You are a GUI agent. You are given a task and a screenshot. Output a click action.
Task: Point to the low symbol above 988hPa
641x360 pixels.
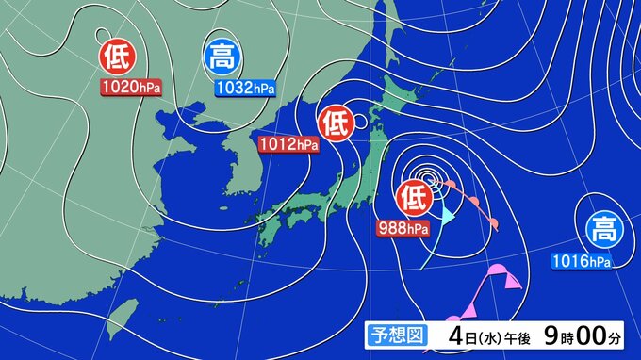coord(415,197)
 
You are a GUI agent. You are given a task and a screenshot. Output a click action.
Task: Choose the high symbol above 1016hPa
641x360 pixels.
coord(601,229)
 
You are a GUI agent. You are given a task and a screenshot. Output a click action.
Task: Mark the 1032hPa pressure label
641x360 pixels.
coord(245,88)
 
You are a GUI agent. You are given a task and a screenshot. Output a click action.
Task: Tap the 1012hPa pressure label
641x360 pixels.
coord(288,144)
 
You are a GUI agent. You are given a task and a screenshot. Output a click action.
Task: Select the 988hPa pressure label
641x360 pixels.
coord(403,226)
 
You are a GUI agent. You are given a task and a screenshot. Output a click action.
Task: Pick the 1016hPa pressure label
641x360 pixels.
coord(581,259)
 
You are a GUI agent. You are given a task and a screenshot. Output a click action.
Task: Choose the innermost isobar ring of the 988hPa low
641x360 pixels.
coord(430,174)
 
